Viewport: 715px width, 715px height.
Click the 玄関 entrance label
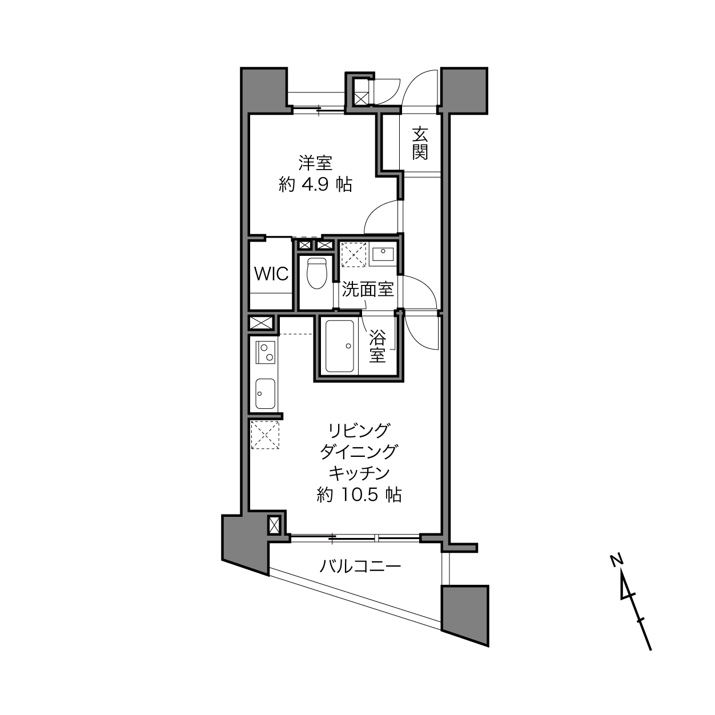(x=420, y=143)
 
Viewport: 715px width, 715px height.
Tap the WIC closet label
(x=271, y=274)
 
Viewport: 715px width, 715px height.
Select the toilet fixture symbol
(x=316, y=273)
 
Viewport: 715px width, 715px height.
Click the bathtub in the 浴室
(x=339, y=346)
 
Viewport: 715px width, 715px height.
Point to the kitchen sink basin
(x=266, y=393)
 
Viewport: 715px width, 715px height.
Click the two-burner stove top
(x=266, y=352)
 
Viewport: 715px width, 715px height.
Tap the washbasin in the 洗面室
(x=383, y=254)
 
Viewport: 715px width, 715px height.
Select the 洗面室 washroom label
(x=367, y=289)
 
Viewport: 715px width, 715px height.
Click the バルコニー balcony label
(x=360, y=566)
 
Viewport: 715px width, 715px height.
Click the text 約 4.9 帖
(x=315, y=184)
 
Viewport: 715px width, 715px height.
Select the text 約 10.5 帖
(x=359, y=495)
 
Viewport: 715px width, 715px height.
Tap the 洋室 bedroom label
(x=315, y=163)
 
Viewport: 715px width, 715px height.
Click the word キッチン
(x=359, y=473)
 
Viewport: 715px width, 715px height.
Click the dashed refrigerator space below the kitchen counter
(x=265, y=435)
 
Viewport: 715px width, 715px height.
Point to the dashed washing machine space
(x=354, y=254)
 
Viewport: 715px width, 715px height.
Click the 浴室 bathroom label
(x=377, y=346)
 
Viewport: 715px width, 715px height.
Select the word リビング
(x=359, y=431)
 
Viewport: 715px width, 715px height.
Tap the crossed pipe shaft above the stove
(x=261, y=322)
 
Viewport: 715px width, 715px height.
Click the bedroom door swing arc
(x=376, y=210)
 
